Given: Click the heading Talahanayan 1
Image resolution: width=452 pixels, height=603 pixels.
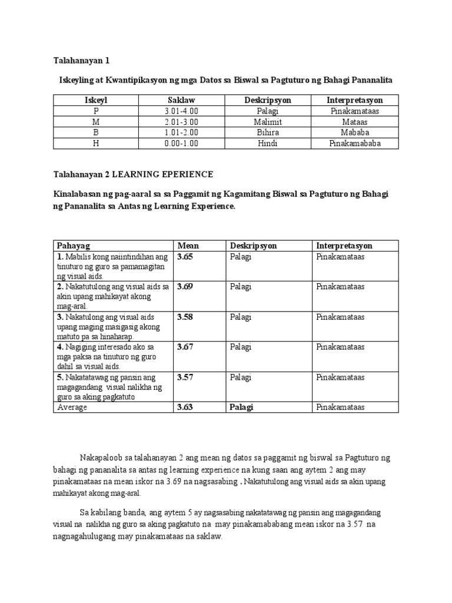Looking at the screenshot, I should (82, 61).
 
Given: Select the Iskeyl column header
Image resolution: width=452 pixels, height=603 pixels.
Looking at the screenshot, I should (97, 100).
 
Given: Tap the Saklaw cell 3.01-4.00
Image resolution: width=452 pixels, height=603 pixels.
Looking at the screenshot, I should (182, 111).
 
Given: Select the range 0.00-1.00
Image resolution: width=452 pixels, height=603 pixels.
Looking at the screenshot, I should (182, 143).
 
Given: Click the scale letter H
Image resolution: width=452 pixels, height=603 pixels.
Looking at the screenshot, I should (97, 143).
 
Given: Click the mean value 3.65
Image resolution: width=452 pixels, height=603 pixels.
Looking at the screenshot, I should (185, 257).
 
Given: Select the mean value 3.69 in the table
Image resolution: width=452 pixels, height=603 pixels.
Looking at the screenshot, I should (185, 287).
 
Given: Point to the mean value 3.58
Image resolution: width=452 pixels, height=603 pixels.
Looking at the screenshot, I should (185, 317).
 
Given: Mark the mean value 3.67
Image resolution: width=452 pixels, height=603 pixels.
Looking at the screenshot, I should (185, 347).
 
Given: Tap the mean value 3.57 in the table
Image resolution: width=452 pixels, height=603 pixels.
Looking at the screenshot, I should (185, 377).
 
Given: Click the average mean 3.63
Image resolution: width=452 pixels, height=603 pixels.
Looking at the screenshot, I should (185, 407).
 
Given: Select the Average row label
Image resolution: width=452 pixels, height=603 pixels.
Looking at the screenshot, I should (72, 407).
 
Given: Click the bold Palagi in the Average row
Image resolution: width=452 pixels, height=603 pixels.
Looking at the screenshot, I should (241, 407).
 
